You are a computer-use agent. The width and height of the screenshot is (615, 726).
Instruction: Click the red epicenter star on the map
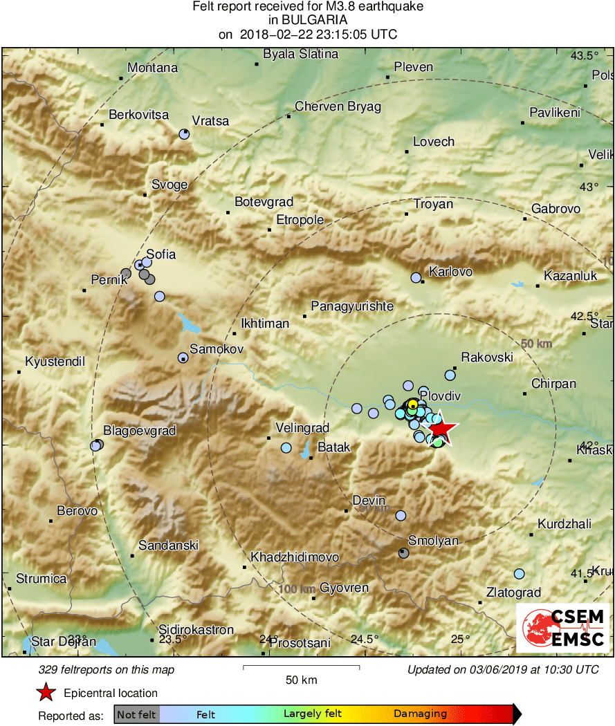coord(441,431)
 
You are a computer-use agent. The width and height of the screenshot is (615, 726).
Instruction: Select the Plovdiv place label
coord(440,395)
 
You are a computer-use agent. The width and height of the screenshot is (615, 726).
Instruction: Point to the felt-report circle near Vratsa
coord(184,134)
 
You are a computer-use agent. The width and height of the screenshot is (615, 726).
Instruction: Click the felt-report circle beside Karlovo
coord(416,277)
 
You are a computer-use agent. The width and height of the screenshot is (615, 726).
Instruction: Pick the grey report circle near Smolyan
coord(403,553)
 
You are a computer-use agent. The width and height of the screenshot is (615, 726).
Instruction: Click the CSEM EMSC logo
coord(563,628)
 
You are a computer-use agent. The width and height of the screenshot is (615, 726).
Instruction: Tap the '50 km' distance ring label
coord(536,344)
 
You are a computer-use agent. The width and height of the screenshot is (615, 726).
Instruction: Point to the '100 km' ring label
coord(297,588)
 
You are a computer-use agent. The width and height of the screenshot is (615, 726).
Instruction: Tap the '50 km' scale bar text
coord(302,680)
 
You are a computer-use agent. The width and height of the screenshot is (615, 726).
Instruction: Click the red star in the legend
coord(46,692)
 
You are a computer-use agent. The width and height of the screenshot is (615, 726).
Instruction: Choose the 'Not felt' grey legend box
coord(136,714)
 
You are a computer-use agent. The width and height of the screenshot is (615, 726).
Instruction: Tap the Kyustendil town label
coord(55,362)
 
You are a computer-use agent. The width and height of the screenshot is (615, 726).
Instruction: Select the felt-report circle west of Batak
coord(286,448)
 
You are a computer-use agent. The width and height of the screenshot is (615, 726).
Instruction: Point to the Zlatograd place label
coord(513,593)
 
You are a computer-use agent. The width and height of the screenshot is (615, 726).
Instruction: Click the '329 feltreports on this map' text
coord(107,669)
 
